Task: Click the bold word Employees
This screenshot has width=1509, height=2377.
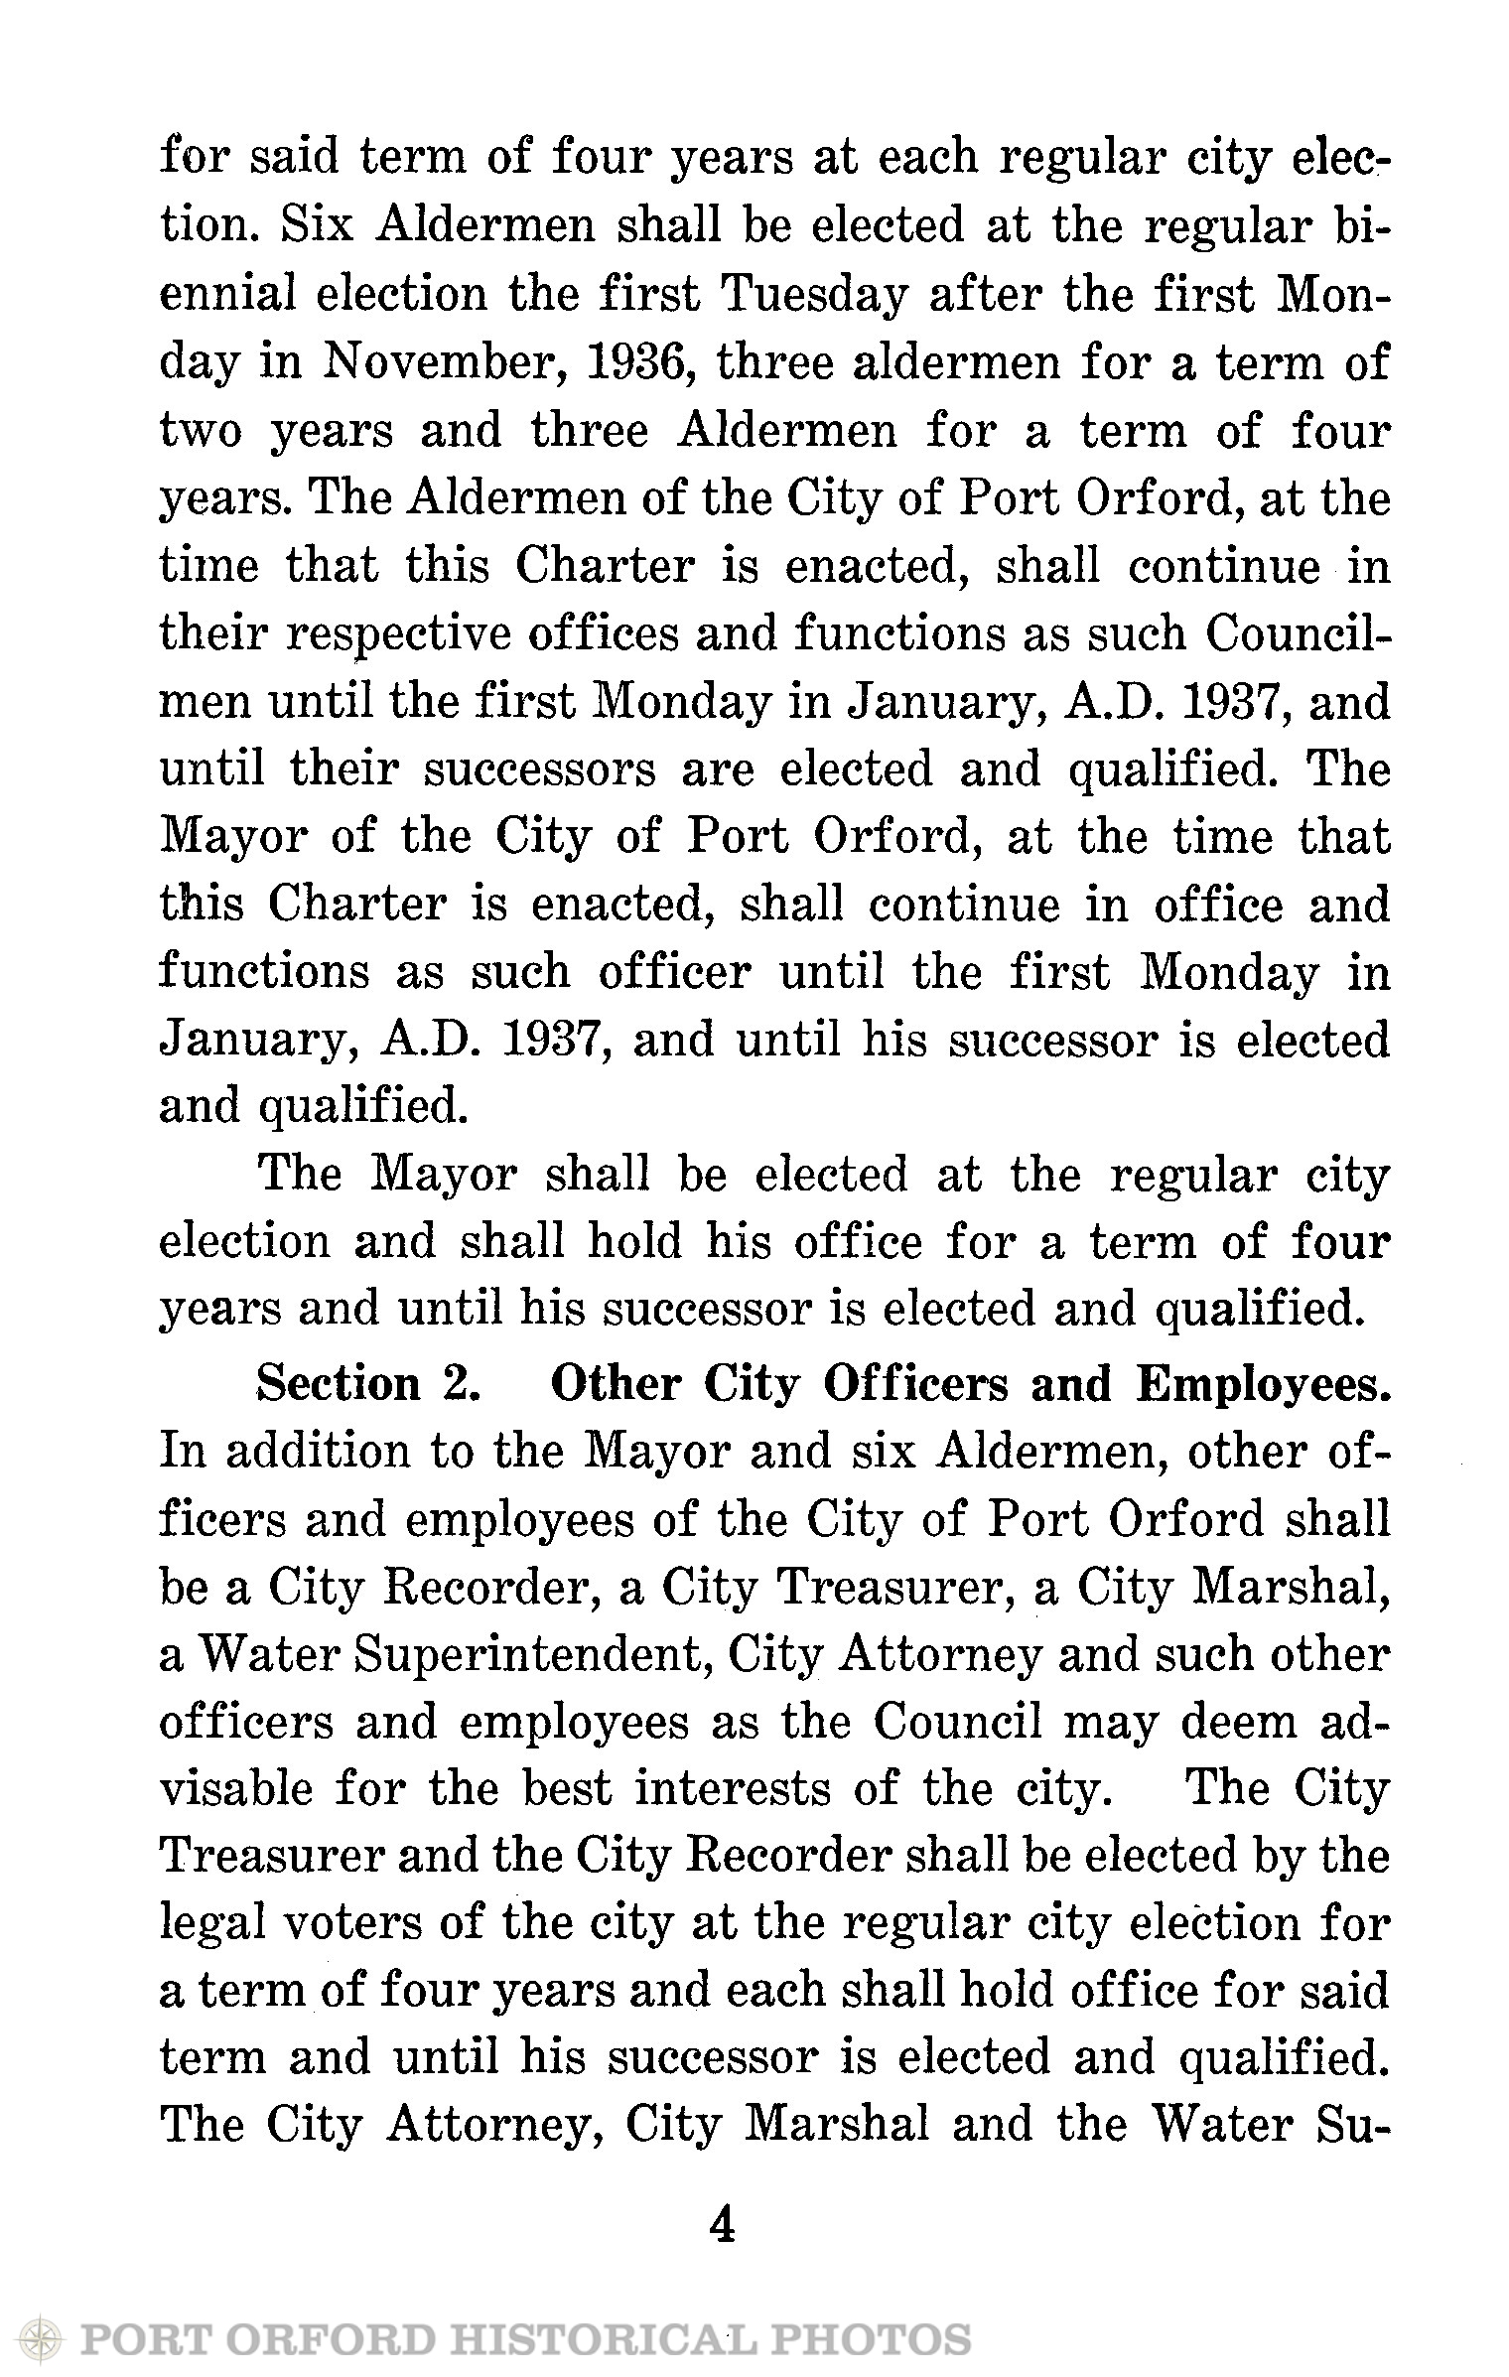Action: pos(1262,1383)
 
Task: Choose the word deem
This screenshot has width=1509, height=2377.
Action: pos(1238,1722)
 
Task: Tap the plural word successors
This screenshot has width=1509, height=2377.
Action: pos(541,769)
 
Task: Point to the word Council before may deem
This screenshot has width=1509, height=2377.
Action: pos(958,1722)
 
